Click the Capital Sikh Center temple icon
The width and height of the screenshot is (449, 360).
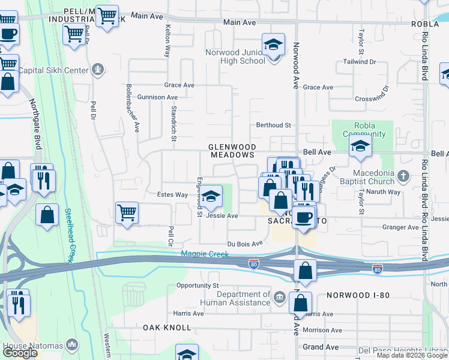pyautogui.click(x=98, y=70)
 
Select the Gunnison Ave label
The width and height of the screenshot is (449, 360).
pyautogui.click(x=157, y=97)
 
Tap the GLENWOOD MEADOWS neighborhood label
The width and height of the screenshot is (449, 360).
pyautogui.click(x=232, y=151)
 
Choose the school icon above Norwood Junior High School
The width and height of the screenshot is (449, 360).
pyautogui.click(x=273, y=45)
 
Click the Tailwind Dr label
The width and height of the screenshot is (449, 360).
pyautogui.click(x=360, y=62)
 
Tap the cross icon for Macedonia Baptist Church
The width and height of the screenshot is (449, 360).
pyautogui.click(x=403, y=176)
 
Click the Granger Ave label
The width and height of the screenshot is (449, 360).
pyautogui.click(x=400, y=227)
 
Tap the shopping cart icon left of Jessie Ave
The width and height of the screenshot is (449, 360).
pyautogui.click(x=127, y=212)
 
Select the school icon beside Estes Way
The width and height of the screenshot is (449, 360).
pyautogui.click(x=210, y=196)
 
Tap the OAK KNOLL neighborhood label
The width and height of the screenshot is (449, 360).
pyautogui.click(x=167, y=328)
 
